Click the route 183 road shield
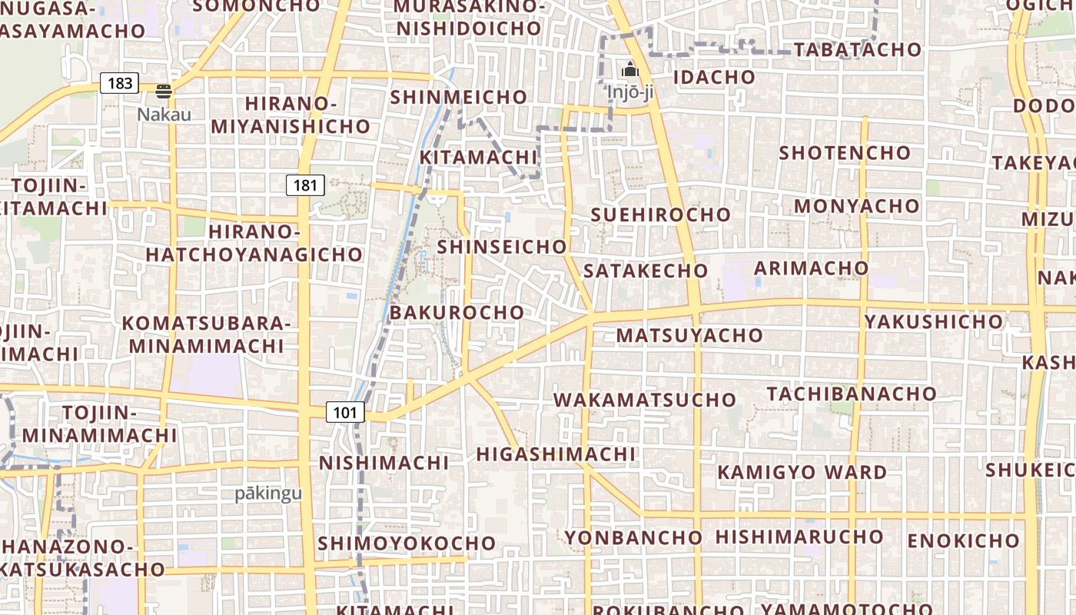pos(120,83)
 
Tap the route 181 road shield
pos(305,184)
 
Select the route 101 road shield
pos(345,412)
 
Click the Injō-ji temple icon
pos(630,70)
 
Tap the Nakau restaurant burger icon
pos(163,91)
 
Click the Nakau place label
pos(164,114)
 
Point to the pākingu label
pos(269,494)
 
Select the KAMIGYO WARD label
pos(802,472)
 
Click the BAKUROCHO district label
pos(457,313)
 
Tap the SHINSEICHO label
pos(502,247)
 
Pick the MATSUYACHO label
pos(689,335)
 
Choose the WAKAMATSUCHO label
pos(645,400)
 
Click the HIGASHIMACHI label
pos(556,454)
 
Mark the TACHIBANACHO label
pos(852,394)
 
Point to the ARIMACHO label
pos(811,268)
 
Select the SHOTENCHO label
pos(845,152)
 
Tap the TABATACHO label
pos(857,50)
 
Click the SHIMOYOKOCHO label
pos(407,543)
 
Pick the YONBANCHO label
pos(634,537)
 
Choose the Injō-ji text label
pos(630,92)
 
